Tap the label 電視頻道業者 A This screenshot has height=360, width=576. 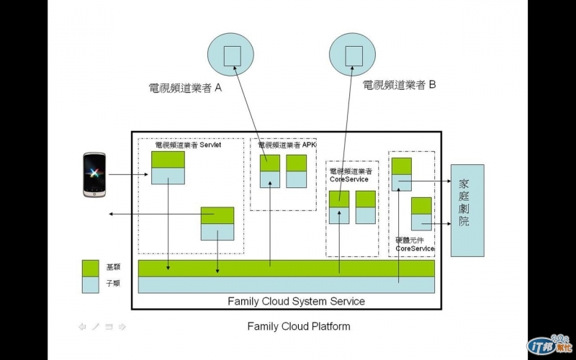184,89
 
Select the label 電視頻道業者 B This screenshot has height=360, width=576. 400,85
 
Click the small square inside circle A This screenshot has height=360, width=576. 232,55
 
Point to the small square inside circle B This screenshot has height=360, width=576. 354,55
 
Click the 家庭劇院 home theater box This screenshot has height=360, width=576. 467,210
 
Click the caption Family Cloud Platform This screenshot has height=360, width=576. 299,326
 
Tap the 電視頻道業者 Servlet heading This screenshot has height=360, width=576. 188,145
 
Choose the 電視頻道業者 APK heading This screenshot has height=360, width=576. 287,145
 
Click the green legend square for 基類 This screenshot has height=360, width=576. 91,268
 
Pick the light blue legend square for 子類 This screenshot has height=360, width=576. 91,284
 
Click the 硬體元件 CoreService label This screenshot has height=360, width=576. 415,244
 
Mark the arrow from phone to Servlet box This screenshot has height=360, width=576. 130,174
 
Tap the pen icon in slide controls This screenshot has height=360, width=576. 96,327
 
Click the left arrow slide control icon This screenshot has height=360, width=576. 83,327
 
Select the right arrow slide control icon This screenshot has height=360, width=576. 122,327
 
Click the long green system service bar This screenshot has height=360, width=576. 286,268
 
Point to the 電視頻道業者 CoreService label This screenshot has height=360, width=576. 351,175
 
